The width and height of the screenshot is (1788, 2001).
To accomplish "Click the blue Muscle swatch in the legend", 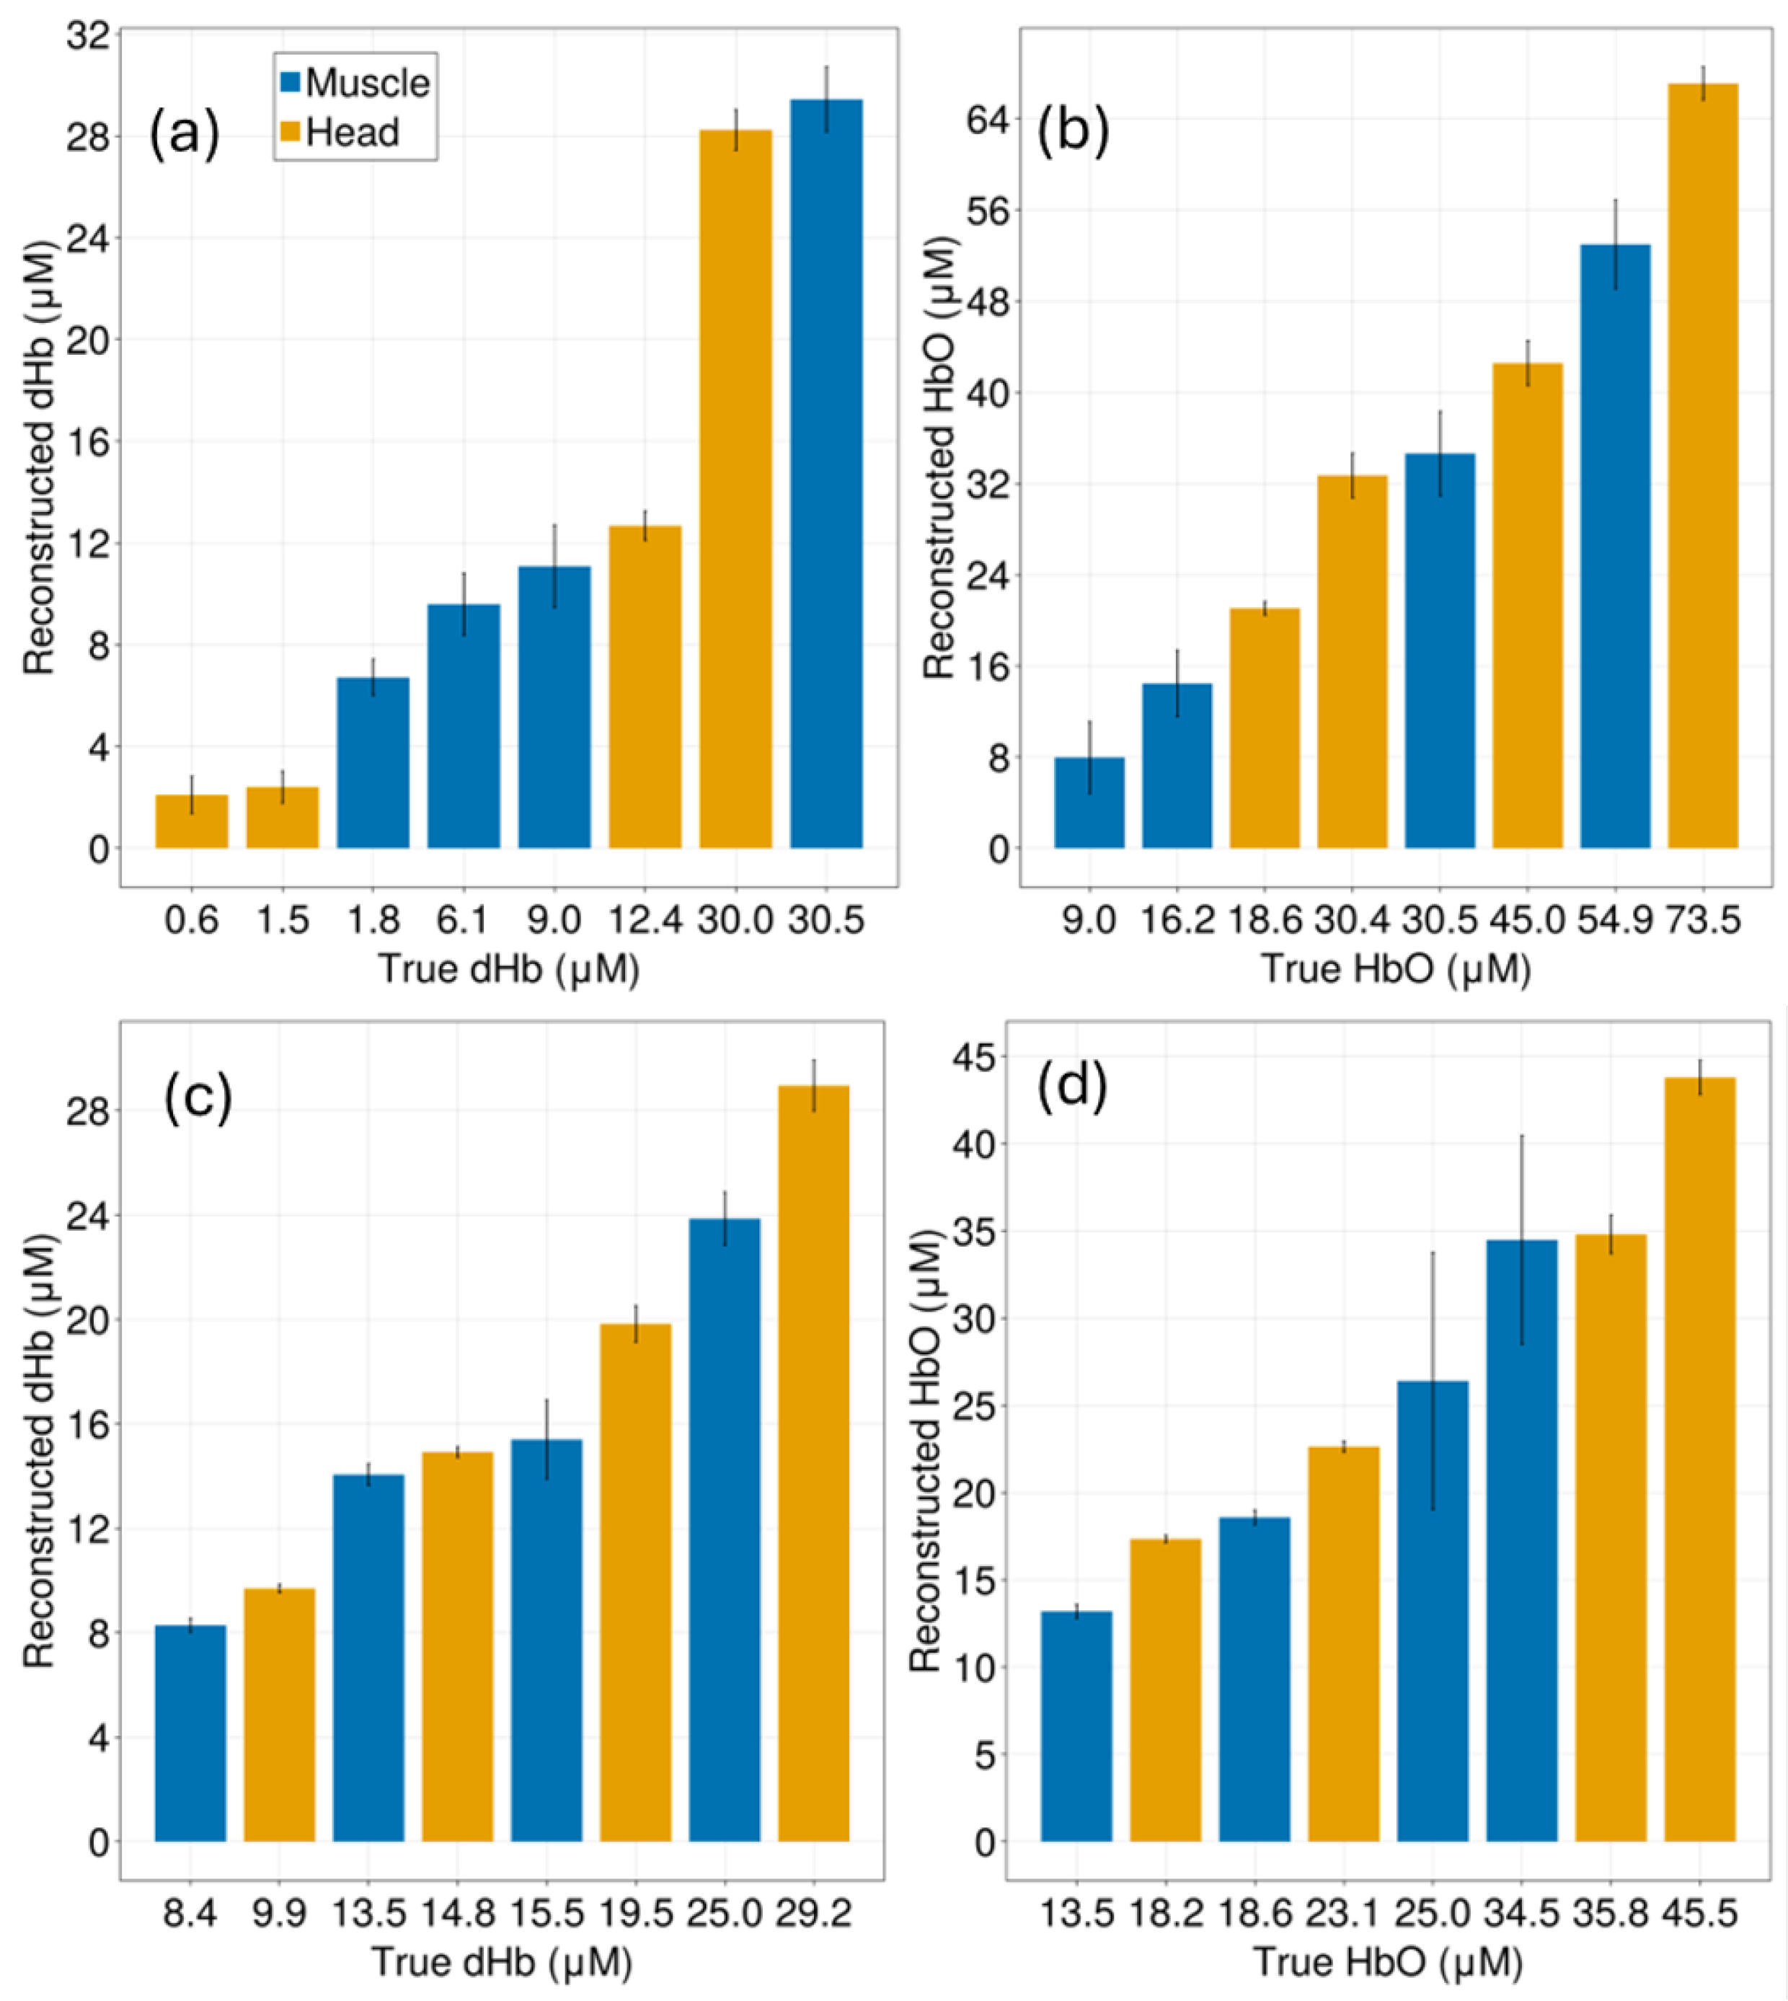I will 290,81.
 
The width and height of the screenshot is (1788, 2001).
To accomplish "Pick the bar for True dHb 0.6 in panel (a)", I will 192,821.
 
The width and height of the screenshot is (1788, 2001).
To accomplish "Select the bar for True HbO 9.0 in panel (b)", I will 1089,803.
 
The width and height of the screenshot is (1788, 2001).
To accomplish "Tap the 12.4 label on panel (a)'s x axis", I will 645,920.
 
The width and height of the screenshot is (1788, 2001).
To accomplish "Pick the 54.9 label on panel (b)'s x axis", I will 1615,920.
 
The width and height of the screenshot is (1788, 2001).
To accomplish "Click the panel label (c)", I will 198,1098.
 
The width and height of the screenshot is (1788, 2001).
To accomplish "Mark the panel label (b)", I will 1073,130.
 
